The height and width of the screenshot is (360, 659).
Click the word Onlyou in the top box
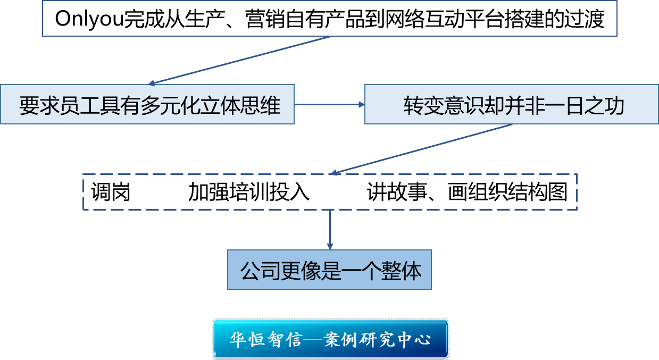click(88, 20)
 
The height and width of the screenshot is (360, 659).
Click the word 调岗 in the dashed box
click(111, 192)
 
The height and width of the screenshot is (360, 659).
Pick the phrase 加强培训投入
click(248, 192)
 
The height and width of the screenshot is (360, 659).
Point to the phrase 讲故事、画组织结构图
click(467, 192)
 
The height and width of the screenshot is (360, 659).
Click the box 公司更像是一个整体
click(329, 271)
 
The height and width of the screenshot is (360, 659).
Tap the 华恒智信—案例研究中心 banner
click(330, 339)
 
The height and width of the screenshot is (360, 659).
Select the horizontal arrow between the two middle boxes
click(329, 104)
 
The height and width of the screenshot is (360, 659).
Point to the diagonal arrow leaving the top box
click(239, 60)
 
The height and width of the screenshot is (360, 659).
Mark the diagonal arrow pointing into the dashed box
click(420, 149)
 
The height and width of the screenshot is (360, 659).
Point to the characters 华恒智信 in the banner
click(261, 339)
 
